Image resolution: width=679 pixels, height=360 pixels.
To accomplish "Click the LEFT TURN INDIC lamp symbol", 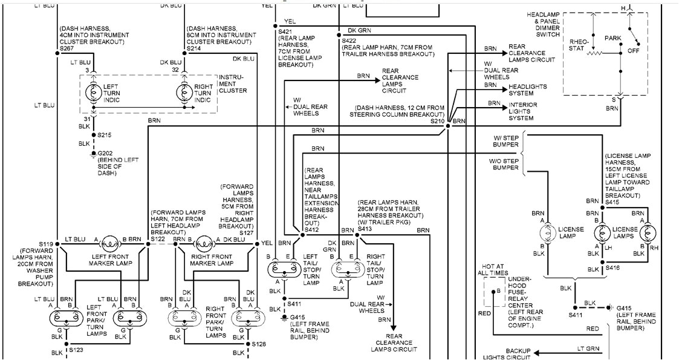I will [x=93, y=93].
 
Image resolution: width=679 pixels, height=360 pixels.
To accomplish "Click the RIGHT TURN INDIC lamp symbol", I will [x=184, y=93].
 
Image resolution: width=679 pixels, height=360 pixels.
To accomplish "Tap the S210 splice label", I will [x=437, y=122].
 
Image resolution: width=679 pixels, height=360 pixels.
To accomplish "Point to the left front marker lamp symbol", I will [x=111, y=244].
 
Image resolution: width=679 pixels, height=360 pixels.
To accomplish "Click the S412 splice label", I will [x=311, y=231].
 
